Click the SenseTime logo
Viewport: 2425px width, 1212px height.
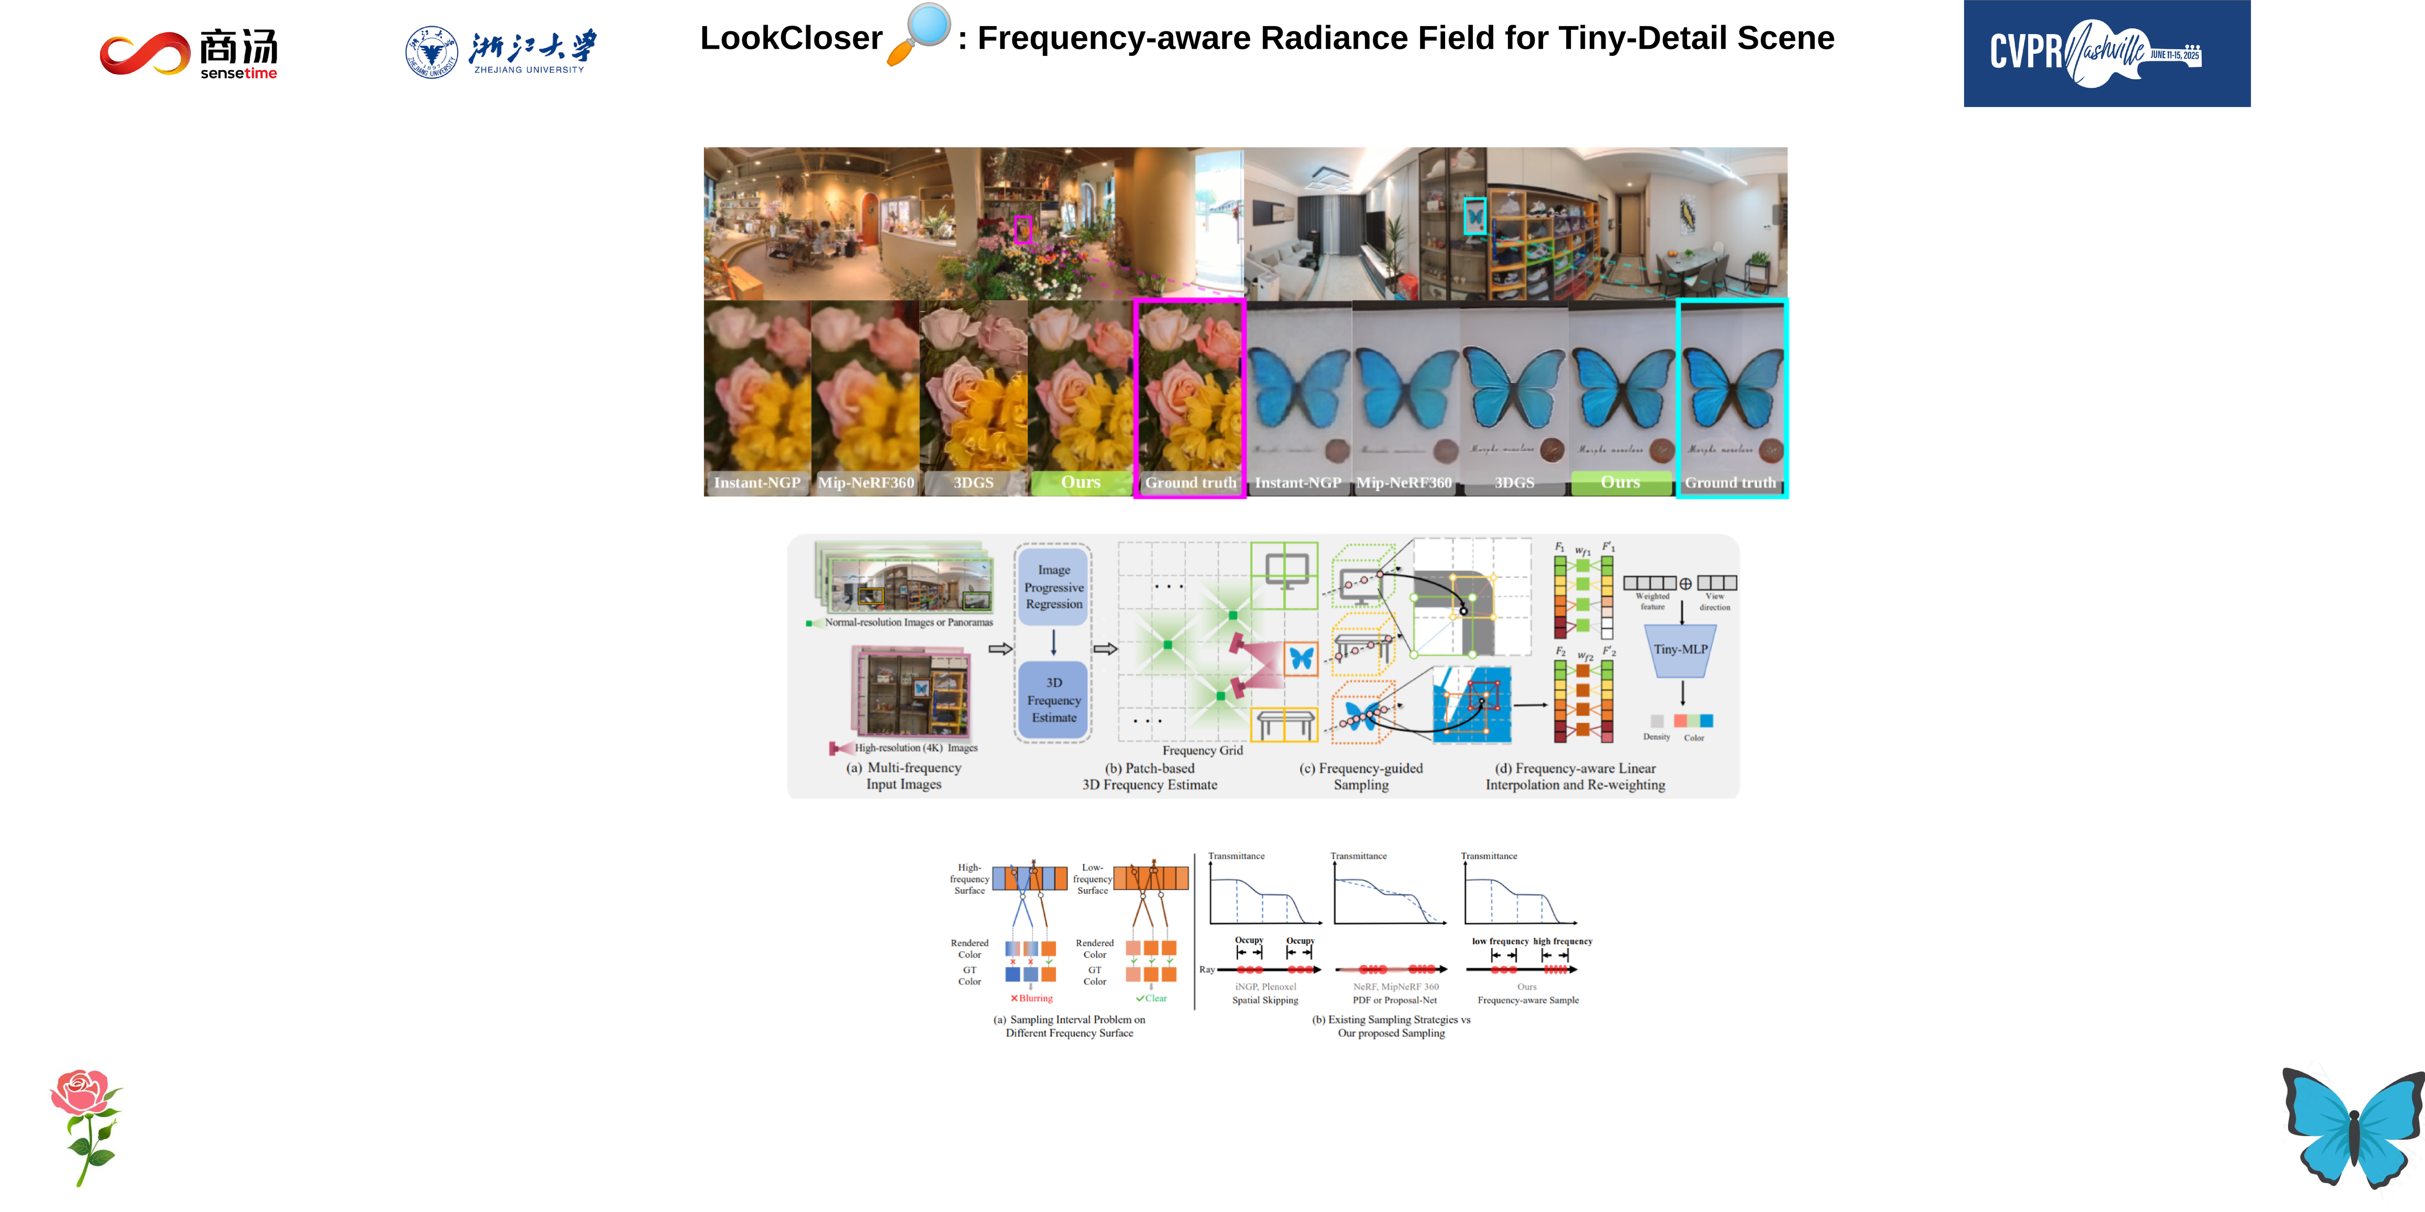(x=189, y=53)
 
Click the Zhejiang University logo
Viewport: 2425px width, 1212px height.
(x=501, y=52)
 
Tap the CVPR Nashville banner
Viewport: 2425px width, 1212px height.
(x=2106, y=53)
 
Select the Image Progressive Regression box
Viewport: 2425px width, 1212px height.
(x=1053, y=587)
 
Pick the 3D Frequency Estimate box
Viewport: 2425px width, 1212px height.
(x=1053, y=700)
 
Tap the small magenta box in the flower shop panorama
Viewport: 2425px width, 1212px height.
(x=1023, y=229)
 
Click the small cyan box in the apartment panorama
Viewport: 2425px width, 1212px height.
(x=1474, y=216)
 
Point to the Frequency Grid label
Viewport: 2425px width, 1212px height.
(x=1202, y=750)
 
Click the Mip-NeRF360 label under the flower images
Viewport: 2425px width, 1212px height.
(x=865, y=483)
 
